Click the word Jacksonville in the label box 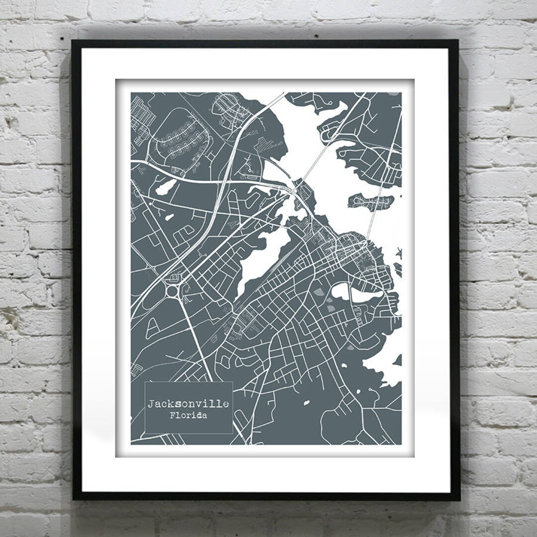tap(188, 404)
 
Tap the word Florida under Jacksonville tap(188, 416)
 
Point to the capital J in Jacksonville tap(150, 403)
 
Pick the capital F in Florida tap(172, 416)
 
